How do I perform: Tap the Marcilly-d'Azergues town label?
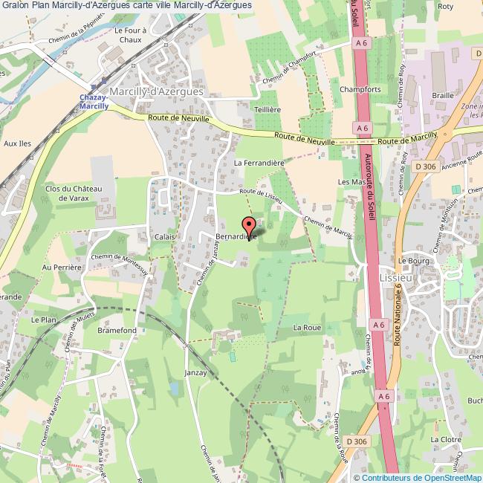156,90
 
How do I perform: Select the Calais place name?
164,237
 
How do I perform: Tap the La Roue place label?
306,327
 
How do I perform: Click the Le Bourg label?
409,261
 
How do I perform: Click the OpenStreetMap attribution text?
418,477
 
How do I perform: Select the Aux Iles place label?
16,144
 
